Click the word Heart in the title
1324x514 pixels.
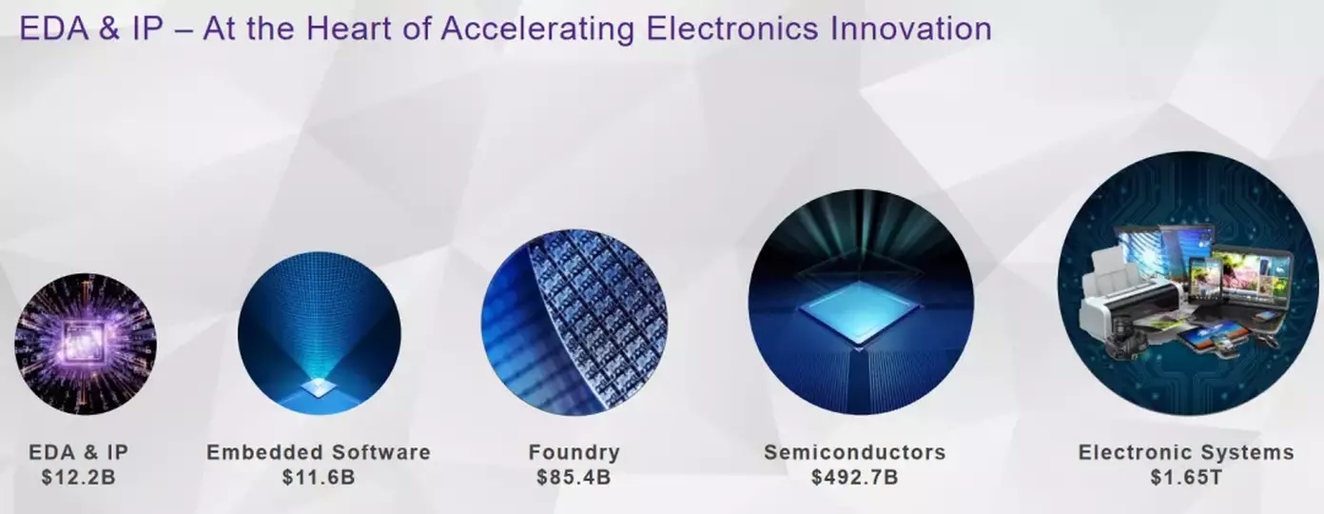point(348,29)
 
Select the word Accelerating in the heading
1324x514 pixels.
point(537,30)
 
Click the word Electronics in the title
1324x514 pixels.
point(732,29)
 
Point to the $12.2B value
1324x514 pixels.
point(79,477)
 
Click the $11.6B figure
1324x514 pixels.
point(319,477)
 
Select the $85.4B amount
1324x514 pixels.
point(574,477)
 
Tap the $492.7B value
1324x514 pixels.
point(855,477)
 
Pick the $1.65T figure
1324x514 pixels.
point(1186,477)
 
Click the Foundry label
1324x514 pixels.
point(574,452)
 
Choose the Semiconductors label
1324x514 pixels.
point(855,452)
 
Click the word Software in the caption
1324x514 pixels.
point(381,452)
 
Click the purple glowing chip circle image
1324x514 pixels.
point(86,344)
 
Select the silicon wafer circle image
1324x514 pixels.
point(574,323)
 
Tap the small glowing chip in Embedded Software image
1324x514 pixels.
point(320,386)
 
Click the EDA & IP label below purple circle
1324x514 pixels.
point(79,452)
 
